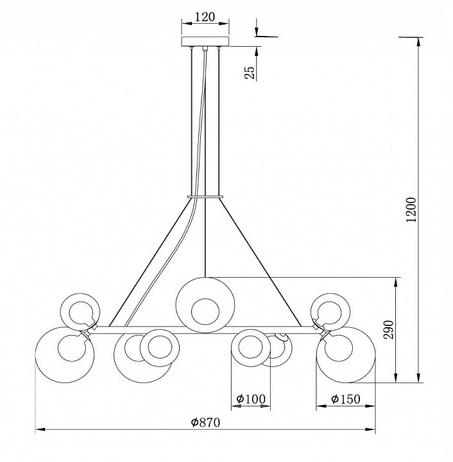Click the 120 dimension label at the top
pyautogui.click(x=205, y=17)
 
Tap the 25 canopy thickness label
pyautogui.click(x=249, y=73)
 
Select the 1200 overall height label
pyautogui.click(x=411, y=209)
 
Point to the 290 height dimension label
pyautogui.click(x=388, y=330)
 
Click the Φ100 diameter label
pyautogui.click(x=251, y=399)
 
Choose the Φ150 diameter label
pyautogui.click(x=345, y=399)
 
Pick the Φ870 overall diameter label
pyautogui.click(x=205, y=422)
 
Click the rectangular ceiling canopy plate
pyautogui.click(x=205, y=42)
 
